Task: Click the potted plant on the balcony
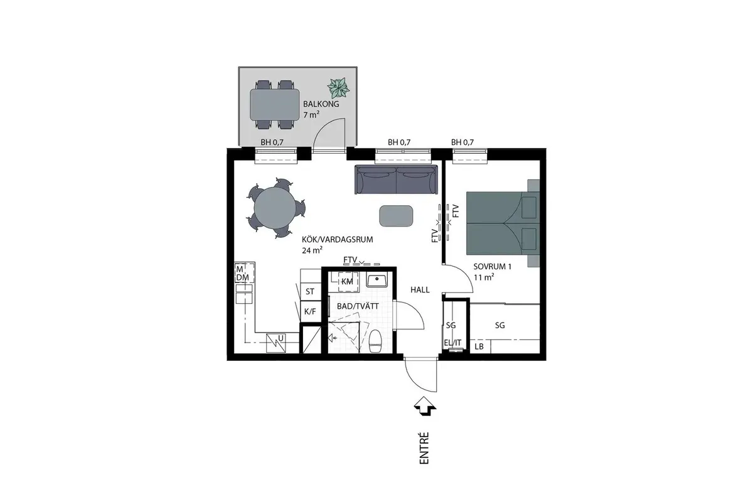[x=338, y=87]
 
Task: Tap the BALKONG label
[x=321, y=104]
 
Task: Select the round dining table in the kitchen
[x=275, y=209]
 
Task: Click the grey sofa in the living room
[x=397, y=179]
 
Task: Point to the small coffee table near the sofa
[x=396, y=216]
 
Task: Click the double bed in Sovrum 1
[x=503, y=223]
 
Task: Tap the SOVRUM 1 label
[x=493, y=267]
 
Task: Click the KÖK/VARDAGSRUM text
[x=338, y=240]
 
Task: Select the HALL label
[x=420, y=290]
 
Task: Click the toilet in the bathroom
[x=375, y=341]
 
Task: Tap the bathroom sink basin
[x=377, y=279]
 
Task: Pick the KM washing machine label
[x=347, y=282]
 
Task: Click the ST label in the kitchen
[x=310, y=292]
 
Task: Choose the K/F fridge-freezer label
[x=310, y=312]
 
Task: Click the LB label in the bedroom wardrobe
[x=479, y=346]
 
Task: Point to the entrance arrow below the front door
[x=425, y=406]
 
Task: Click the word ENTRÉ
[x=424, y=448]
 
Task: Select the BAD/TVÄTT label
[x=358, y=306]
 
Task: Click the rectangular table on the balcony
[x=274, y=105]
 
